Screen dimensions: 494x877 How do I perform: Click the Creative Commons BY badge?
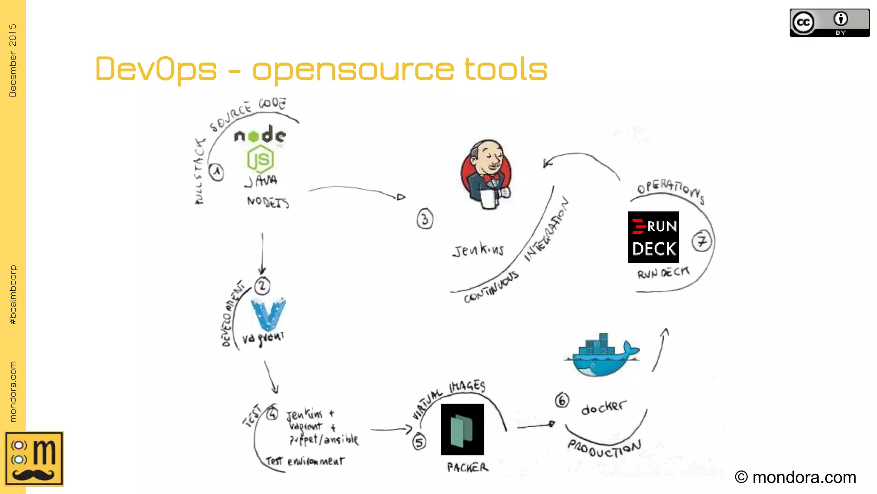829,23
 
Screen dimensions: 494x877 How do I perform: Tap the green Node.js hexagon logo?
260,159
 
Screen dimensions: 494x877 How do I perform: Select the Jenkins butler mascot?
486,174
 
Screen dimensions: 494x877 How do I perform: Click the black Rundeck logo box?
653,237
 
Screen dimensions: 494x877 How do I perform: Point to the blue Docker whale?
602,356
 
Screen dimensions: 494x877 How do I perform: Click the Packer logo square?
462,429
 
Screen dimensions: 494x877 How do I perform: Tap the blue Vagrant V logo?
268,315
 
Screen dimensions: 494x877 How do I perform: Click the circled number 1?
217,172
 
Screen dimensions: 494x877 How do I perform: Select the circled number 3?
425,219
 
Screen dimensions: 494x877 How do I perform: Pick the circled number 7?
701,241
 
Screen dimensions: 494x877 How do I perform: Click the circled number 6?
562,400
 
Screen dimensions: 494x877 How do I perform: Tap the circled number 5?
419,442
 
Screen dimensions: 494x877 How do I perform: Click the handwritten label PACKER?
467,467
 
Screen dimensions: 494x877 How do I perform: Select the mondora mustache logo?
34,458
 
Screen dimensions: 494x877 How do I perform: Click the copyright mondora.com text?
795,477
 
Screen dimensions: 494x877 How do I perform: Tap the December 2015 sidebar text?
13,60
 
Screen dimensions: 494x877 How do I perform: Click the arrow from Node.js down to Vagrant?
262,253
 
